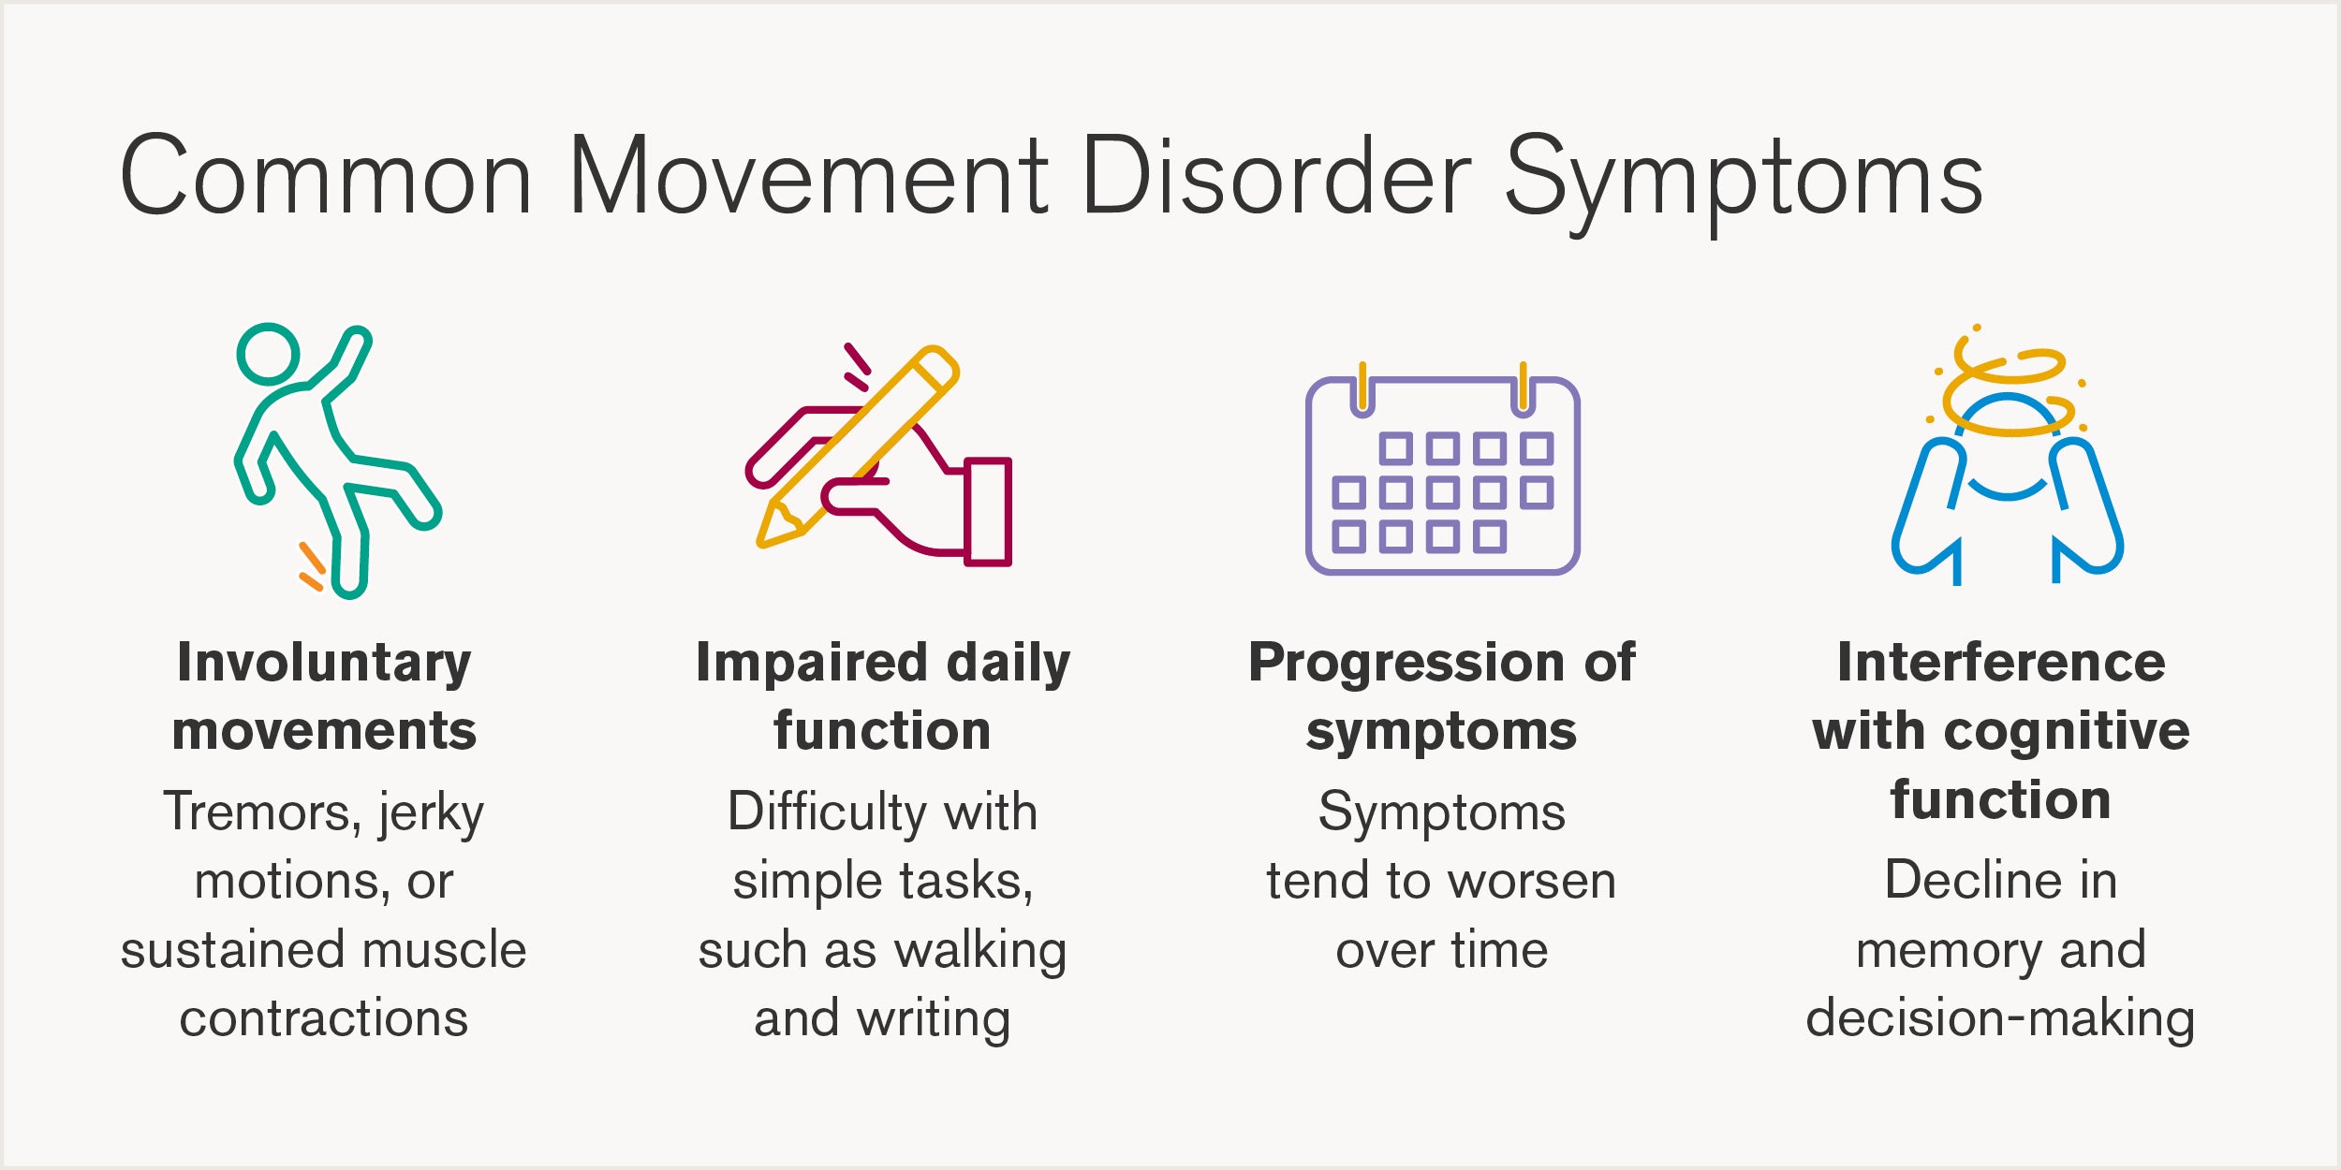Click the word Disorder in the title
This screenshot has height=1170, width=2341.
[1275, 176]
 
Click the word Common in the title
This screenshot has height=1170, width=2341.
[326, 176]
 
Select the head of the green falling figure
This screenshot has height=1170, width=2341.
[268, 355]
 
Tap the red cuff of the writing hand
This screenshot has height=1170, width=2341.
[987, 512]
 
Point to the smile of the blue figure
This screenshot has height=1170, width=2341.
[2007, 490]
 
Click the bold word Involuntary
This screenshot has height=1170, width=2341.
[324, 663]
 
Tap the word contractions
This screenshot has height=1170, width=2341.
[324, 1018]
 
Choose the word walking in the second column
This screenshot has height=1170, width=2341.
[980, 951]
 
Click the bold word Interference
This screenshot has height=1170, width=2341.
[2002, 663]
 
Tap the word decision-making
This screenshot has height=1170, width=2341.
[2000, 1018]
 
